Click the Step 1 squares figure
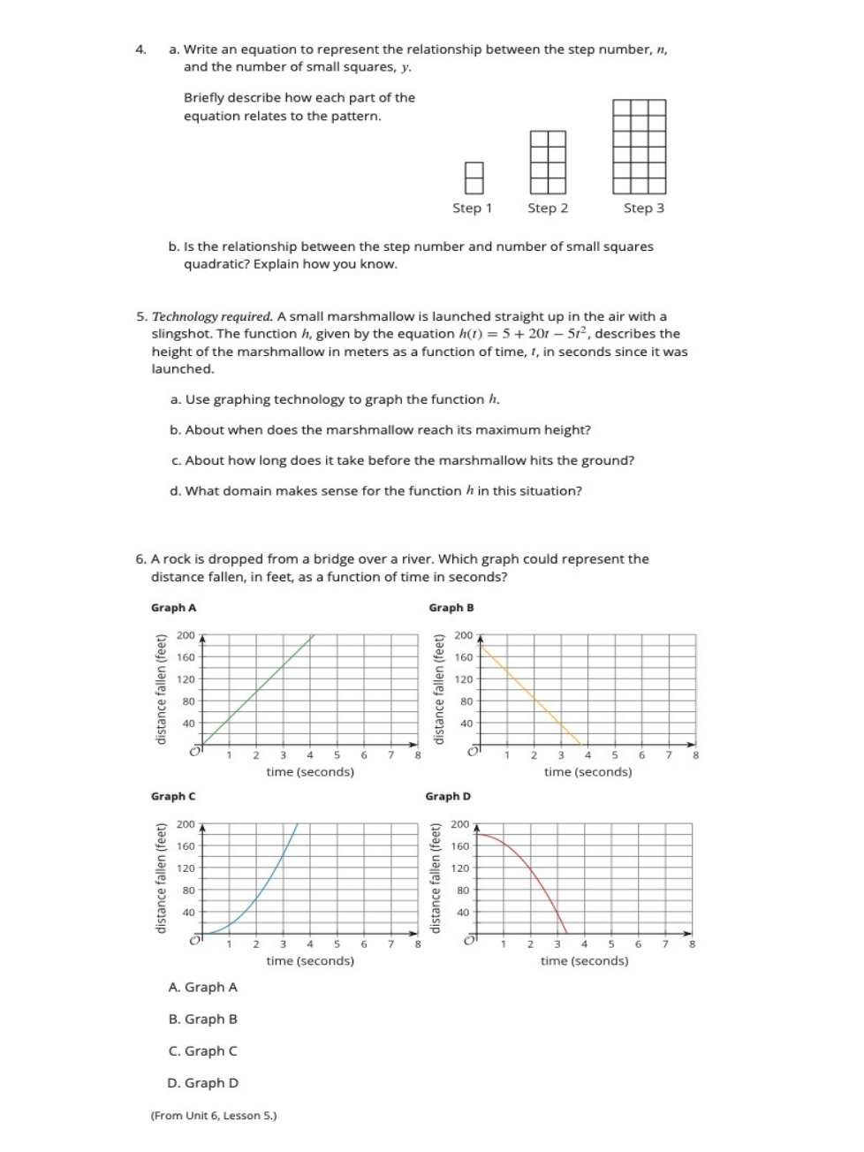(x=474, y=178)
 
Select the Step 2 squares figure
(x=548, y=163)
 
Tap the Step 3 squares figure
(x=640, y=147)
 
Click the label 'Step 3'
(x=643, y=208)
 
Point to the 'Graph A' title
(x=173, y=608)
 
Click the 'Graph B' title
(x=451, y=608)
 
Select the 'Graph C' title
(x=173, y=796)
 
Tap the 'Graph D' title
(x=448, y=796)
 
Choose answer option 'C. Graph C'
(x=202, y=1051)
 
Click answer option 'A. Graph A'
(x=202, y=988)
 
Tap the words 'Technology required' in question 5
(x=212, y=316)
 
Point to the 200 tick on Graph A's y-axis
(x=186, y=635)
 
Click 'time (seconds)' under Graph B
(x=587, y=772)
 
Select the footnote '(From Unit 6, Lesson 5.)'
(x=214, y=1116)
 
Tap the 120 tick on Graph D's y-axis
(x=460, y=868)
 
